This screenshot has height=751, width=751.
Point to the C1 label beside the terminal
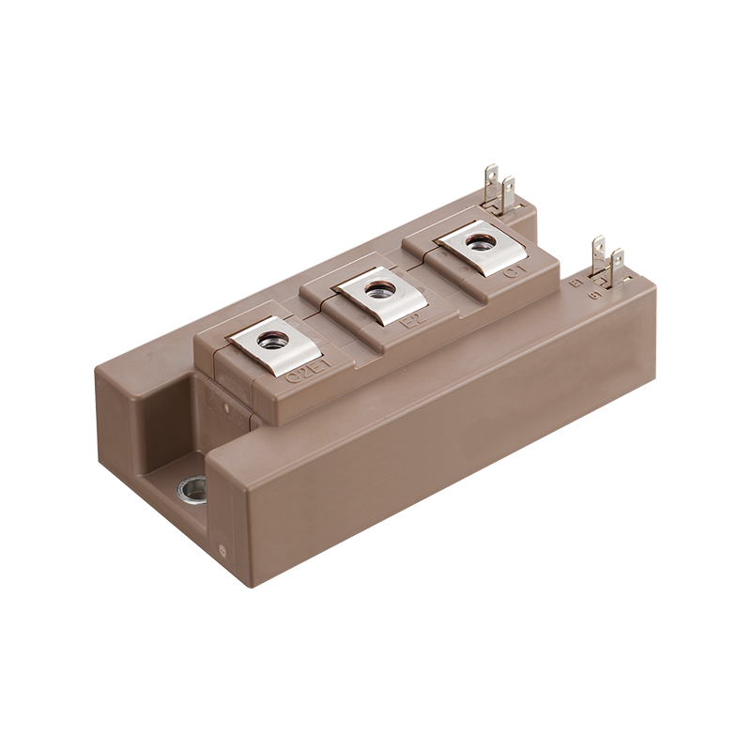coord(515,271)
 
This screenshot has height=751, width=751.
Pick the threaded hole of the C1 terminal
coord(481,242)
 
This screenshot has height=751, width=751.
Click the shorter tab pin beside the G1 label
coord(617,264)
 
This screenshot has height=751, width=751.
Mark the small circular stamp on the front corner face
coord(222,551)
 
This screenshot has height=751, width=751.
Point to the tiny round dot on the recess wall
coord(226,407)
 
